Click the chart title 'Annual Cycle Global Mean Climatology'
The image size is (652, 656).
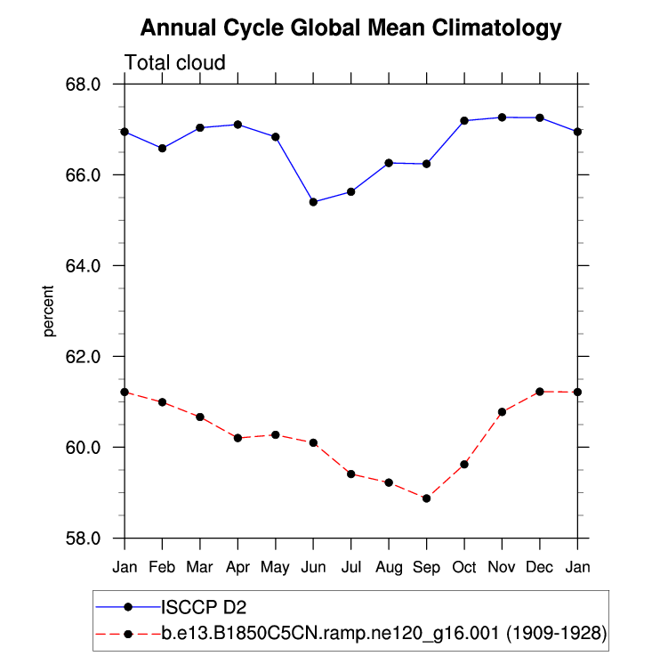351,28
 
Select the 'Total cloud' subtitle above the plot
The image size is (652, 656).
175,62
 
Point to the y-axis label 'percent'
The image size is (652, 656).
49,311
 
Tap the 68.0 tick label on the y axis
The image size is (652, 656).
93,85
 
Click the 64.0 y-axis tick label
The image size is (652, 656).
93,266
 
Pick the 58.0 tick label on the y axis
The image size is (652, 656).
93,539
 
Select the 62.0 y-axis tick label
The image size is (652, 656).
93,357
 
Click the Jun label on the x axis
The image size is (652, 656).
313,567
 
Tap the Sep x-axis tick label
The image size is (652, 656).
426,567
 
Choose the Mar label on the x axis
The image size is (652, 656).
199,567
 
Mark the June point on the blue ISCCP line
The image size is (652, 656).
313,202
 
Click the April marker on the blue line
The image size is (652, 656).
237,125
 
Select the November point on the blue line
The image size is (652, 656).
502,117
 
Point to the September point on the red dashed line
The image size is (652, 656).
426,498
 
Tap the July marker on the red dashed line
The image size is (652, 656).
350,474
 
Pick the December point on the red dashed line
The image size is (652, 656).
540,392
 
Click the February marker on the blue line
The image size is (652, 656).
162,148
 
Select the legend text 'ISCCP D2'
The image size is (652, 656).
202,609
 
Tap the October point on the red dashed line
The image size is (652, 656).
464,465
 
